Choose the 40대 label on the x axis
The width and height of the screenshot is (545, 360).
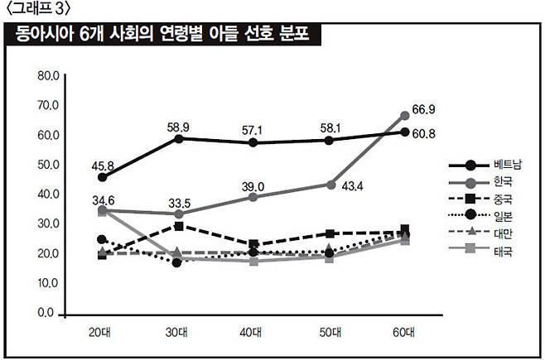click(x=253, y=332)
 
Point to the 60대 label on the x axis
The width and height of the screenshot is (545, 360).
click(x=404, y=332)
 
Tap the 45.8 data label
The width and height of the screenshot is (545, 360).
click(x=103, y=164)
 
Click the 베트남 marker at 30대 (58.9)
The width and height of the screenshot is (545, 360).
click(x=177, y=138)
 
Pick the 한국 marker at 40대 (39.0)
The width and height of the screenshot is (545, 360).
click(x=253, y=197)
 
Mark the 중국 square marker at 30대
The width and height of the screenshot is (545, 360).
click(x=177, y=225)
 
